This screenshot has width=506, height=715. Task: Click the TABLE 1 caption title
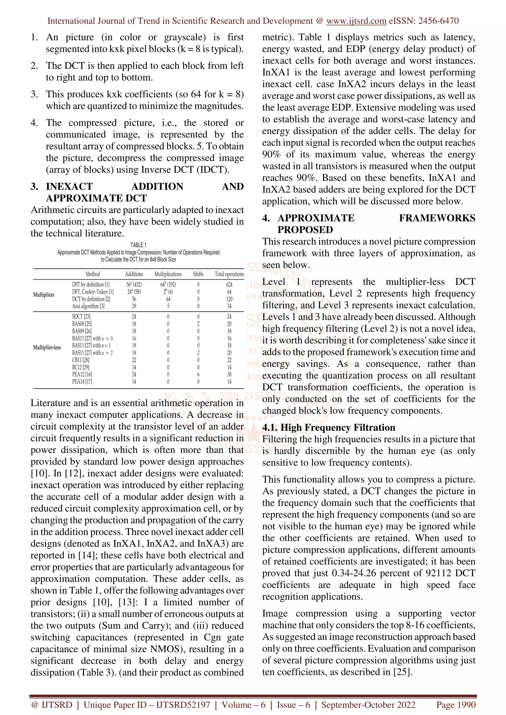(x=138, y=245)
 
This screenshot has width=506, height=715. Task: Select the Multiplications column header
(x=168, y=274)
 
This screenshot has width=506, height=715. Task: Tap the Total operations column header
(x=229, y=274)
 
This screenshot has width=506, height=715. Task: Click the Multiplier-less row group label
(x=47, y=348)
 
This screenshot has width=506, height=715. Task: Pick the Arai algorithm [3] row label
(x=88, y=306)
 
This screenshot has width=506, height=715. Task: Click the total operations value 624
(x=229, y=284)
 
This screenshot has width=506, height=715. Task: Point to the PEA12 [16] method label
(x=82, y=374)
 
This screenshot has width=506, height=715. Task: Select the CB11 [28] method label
(x=81, y=360)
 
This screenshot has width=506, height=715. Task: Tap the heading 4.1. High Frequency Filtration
(x=329, y=428)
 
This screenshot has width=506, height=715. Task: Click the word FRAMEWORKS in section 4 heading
(x=437, y=218)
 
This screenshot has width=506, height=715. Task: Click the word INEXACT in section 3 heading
(x=69, y=187)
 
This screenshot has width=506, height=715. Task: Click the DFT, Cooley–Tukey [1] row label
(x=93, y=292)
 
